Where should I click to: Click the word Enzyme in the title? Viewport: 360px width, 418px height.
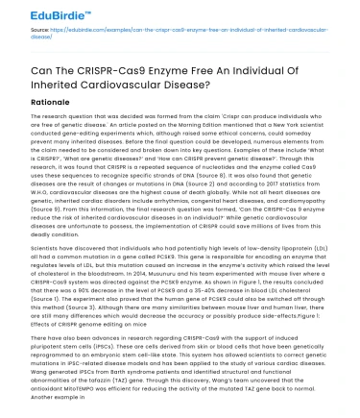[x=166, y=75]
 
